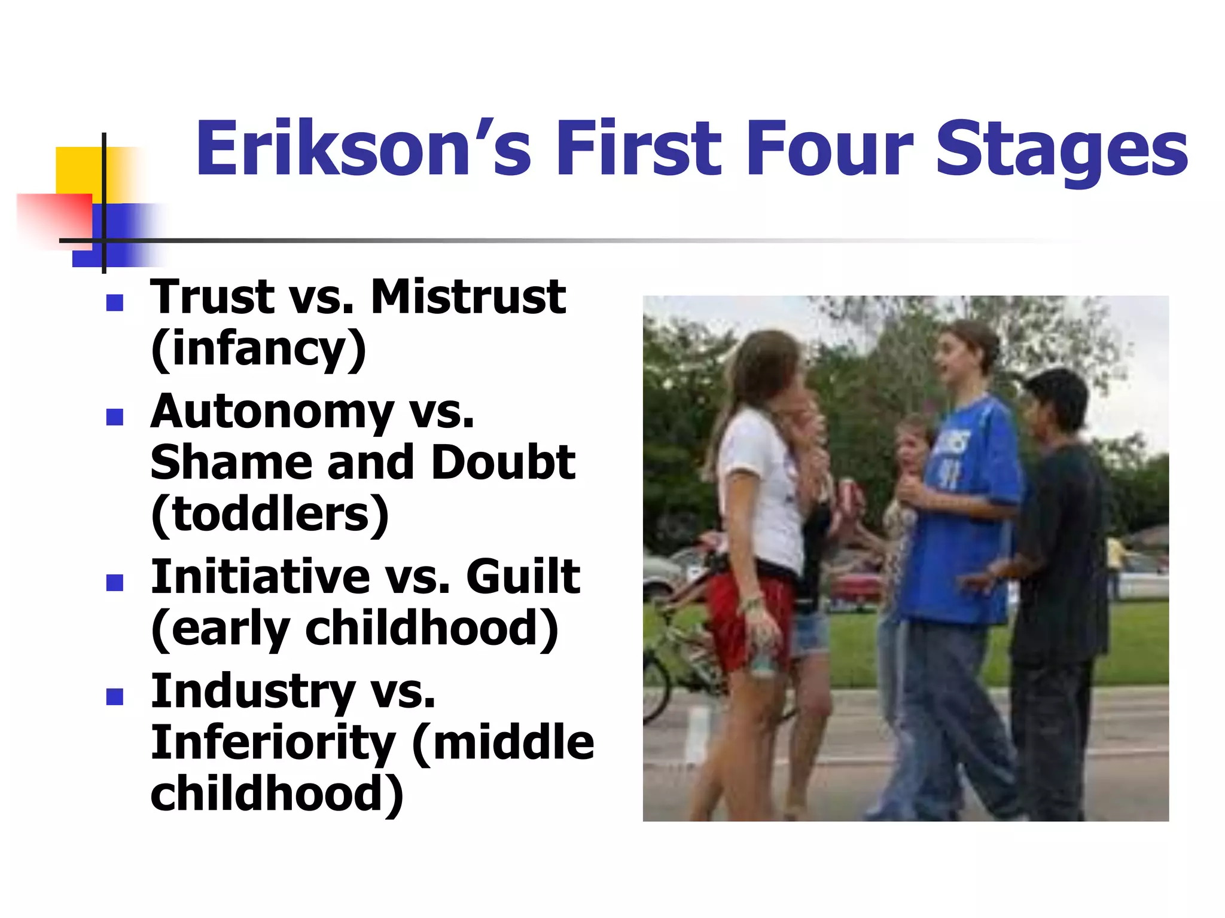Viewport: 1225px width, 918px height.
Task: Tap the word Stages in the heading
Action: pos(1061,149)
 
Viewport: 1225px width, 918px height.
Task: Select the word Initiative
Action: pos(261,576)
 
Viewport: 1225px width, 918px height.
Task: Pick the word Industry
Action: pos(253,691)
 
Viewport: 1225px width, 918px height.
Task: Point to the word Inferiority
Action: pos(273,742)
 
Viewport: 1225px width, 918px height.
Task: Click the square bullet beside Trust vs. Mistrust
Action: pos(114,303)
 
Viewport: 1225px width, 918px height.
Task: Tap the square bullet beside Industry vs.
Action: pos(114,697)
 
